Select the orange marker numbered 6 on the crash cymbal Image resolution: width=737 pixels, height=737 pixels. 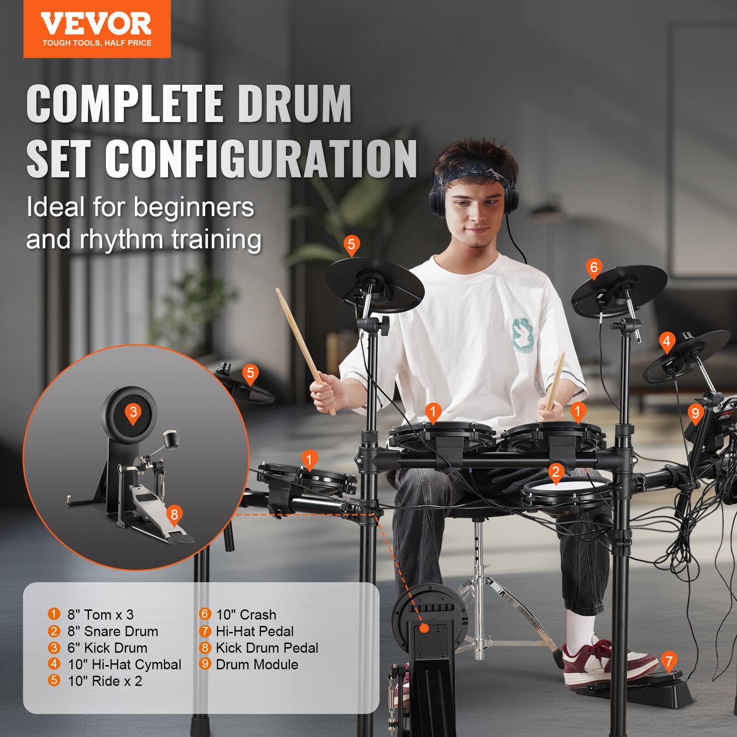593,268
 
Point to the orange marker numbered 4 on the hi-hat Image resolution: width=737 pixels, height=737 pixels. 667,342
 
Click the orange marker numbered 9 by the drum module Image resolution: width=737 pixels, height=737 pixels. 695,413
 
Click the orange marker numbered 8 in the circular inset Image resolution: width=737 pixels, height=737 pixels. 174,515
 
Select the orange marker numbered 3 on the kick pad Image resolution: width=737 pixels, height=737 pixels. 133,412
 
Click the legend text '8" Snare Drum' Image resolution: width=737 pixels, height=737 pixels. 112,632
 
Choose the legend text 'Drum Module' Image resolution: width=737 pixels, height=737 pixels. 257,665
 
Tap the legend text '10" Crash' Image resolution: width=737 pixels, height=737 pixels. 246,615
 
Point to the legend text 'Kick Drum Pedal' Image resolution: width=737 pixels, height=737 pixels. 267,648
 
